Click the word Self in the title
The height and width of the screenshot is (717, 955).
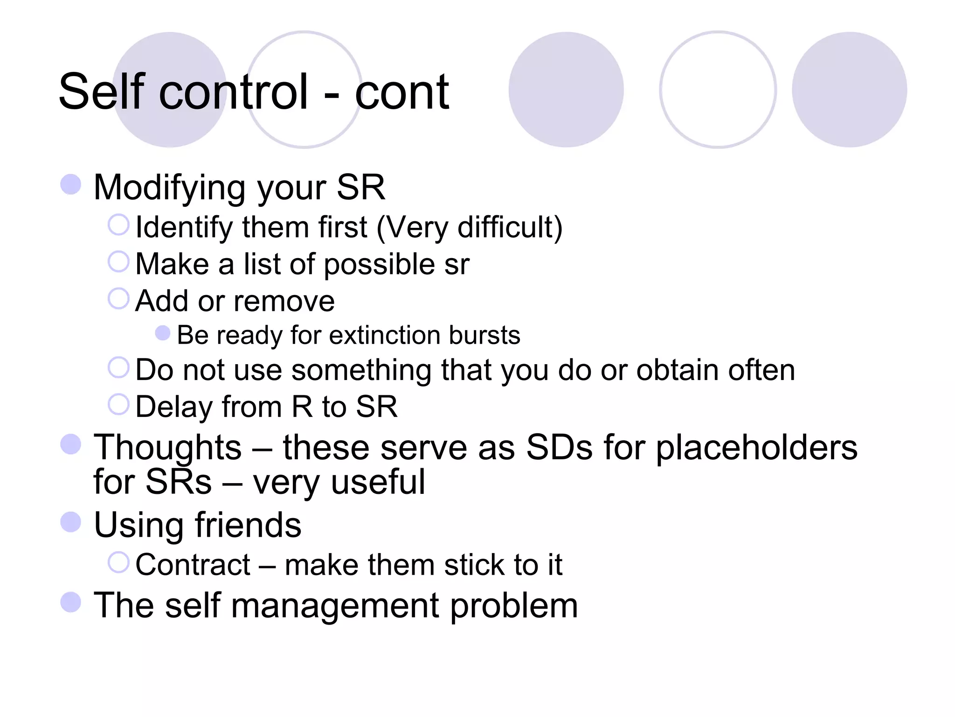pos(102,92)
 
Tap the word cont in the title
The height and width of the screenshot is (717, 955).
pos(401,93)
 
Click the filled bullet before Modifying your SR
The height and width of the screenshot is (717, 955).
pos(71,184)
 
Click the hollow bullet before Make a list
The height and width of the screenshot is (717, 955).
pos(118,261)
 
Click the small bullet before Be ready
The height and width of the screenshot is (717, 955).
pos(162,333)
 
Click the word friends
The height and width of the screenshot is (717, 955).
pos(248,525)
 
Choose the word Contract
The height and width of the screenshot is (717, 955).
pos(193,565)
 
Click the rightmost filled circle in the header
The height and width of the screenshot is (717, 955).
pos(849,90)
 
